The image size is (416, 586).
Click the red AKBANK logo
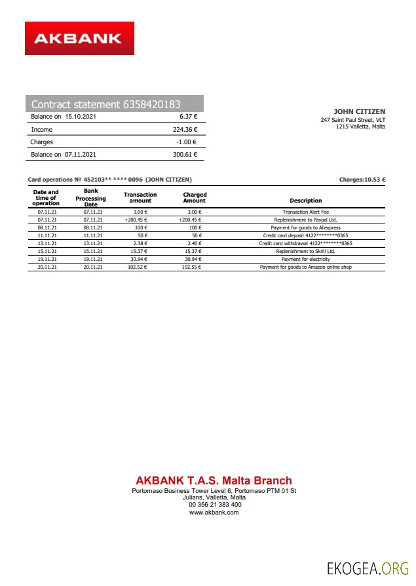(x=79, y=38)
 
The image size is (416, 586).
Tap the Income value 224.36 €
(x=184, y=130)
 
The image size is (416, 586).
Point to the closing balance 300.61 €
(x=185, y=155)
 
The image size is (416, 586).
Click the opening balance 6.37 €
(x=188, y=117)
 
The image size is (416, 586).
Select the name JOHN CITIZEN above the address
(x=359, y=112)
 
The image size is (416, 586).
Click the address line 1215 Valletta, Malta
(x=360, y=127)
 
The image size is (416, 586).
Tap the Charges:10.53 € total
(x=362, y=180)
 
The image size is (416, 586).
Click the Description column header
(x=306, y=201)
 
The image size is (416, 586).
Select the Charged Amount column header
(x=195, y=197)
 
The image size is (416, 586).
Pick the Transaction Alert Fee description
(x=306, y=212)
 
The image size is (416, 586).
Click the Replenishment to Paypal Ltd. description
(x=306, y=220)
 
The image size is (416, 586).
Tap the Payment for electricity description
(x=306, y=260)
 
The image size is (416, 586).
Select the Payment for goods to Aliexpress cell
(x=306, y=227)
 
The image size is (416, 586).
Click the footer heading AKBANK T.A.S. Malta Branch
(x=214, y=481)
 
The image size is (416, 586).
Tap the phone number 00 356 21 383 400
(x=215, y=505)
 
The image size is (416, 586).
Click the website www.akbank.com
(x=214, y=513)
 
